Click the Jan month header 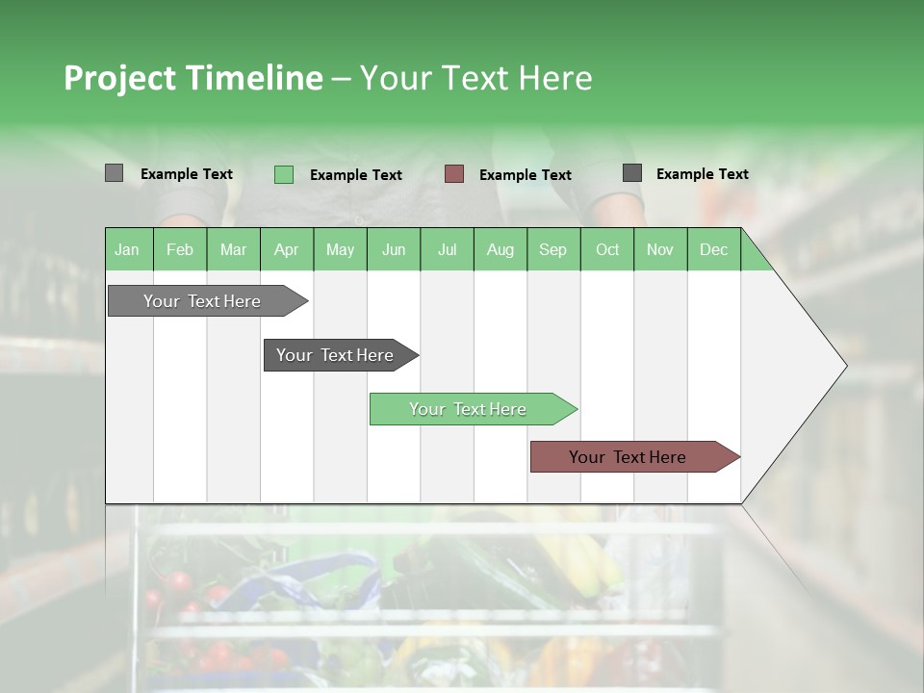click(127, 249)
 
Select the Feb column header click(180, 249)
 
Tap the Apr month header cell click(286, 249)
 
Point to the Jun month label click(394, 249)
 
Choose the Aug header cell click(500, 249)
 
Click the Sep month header click(552, 249)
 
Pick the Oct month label click(607, 249)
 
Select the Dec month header click(713, 249)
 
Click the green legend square click(284, 174)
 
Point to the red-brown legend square click(454, 174)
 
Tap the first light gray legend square click(115, 173)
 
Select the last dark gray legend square click(632, 173)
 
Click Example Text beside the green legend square click(355, 175)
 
